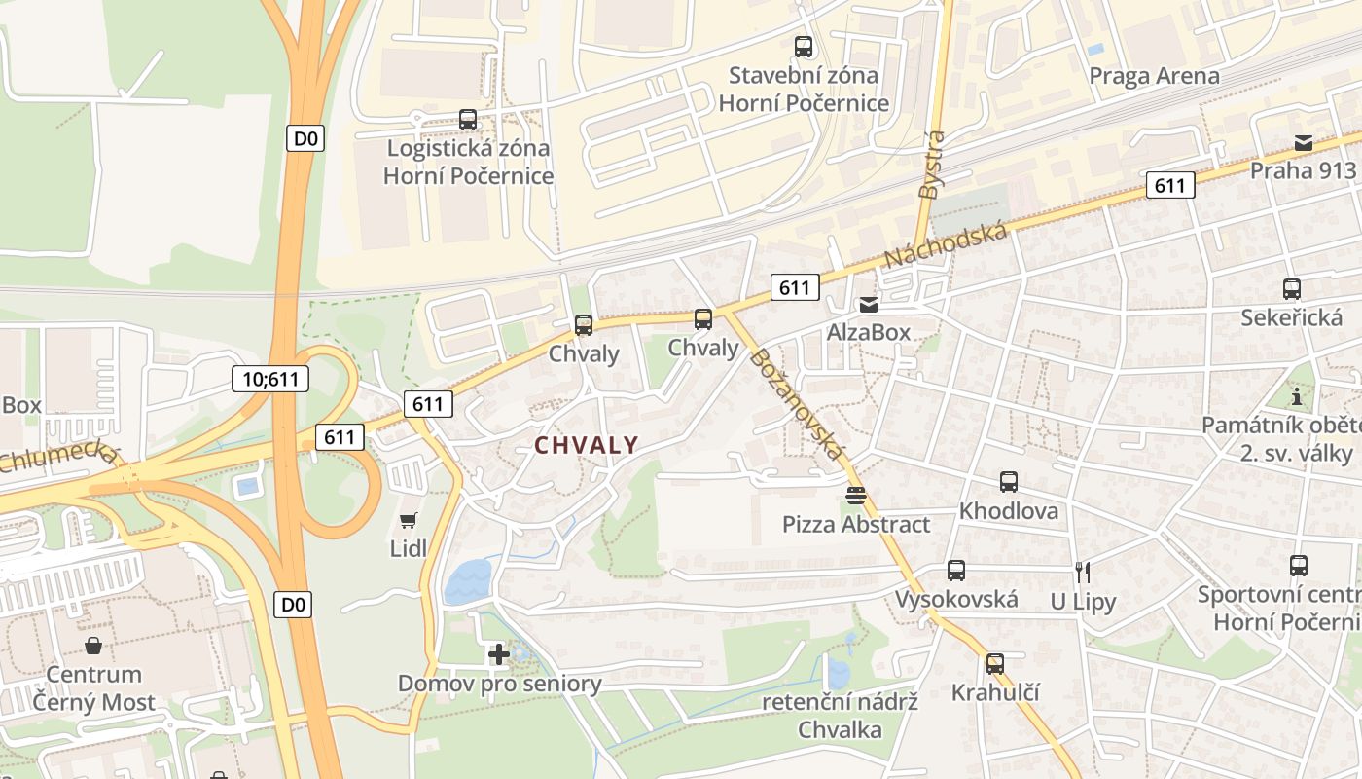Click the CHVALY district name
587,445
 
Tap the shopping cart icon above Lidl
409,521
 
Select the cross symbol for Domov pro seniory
499,654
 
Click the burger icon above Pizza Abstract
856,496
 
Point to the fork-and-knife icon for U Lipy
1082,572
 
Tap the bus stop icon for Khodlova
1009,481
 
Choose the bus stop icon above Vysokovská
956,571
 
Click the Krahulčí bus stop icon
995,664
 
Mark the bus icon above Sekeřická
1292,289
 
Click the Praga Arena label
1154,76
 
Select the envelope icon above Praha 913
1303,143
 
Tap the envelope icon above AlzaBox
868,304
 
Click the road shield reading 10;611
270,379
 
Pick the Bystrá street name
931,165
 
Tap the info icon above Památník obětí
1296,397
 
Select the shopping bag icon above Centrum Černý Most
93,646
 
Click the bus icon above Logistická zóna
468,120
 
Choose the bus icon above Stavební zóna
804,46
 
